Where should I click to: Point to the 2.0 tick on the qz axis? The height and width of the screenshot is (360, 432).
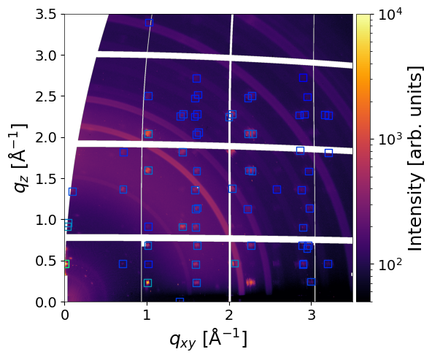63,137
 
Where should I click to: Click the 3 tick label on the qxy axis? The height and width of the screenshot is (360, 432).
312,315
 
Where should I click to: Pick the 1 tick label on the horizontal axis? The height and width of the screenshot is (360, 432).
147,315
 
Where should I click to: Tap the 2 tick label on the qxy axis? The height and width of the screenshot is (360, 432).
229,315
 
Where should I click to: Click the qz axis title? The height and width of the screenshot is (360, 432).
20,158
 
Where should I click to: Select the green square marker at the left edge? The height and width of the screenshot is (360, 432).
67,264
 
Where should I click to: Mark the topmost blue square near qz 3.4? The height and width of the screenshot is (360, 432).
149,23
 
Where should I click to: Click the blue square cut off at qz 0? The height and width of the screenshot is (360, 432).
180,300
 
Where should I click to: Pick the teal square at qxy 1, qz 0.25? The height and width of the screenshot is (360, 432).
148,283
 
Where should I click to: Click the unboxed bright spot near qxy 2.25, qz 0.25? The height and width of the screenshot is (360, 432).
251,282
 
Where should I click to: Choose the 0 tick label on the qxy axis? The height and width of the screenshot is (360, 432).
65,315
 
